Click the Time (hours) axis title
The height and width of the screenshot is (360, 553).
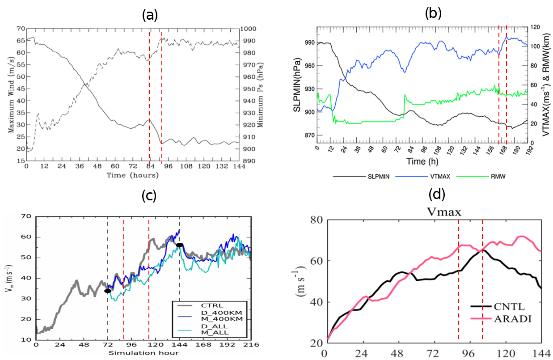(x=133, y=175)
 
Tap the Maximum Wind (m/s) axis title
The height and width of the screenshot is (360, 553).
(x=11, y=102)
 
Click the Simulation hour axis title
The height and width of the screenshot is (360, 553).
(x=144, y=353)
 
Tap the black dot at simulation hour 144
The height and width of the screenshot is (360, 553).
(x=179, y=245)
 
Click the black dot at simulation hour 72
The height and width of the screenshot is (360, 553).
(x=108, y=291)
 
